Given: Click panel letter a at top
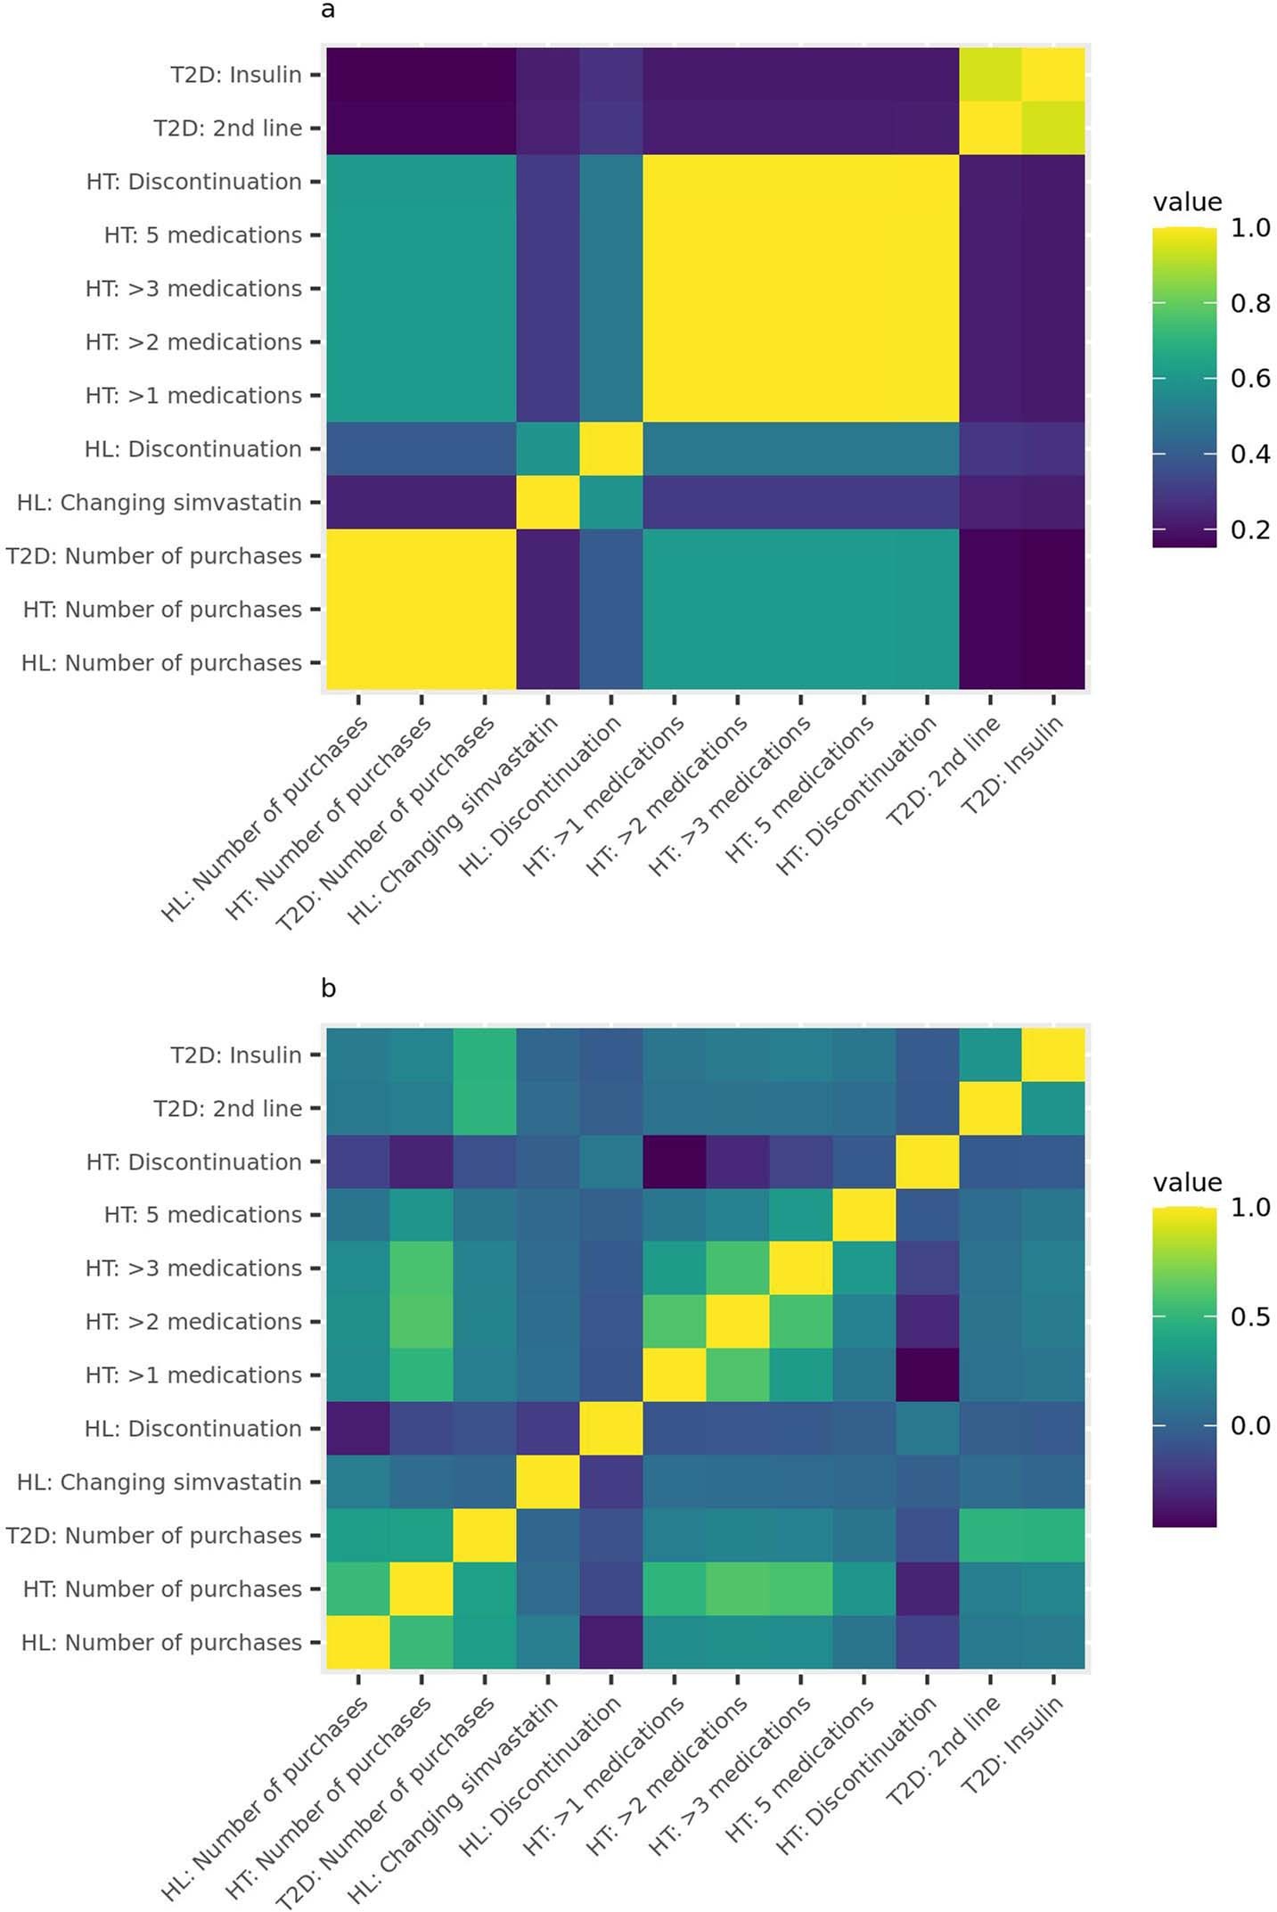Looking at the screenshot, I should (x=328, y=11).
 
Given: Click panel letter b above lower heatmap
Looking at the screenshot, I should (x=328, y=989).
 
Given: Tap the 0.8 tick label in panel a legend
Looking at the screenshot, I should (x=1249, y=304).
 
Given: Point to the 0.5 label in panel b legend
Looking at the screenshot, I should (x=1249, y=1317).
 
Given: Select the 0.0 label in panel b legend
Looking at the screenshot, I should (x=1249, y=1425).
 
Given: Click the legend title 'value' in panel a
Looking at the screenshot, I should (x=1187, y=202).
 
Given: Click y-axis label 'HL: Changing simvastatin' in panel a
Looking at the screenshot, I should (x=160, y=503).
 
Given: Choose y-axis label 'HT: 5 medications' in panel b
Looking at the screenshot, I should (x=203, y=1215).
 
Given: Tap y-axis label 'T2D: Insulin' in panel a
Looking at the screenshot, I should (x=236, y=75).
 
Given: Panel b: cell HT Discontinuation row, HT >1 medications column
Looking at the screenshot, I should (x=674, y=1161).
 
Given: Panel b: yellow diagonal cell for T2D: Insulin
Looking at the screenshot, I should (x=1053, y=1054).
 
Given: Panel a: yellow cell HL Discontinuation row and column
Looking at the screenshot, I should (x=610, y=449).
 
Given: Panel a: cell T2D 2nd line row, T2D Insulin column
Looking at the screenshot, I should (x=1053, y=128).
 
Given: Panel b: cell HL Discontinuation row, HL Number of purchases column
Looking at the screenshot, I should (x=357, y=1428).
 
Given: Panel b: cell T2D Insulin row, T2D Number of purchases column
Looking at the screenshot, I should (x=484, y=1054).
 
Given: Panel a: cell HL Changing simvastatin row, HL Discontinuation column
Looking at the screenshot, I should (x=610, y=503).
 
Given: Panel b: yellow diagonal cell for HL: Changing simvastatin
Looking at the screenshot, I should (x=547, y=1481).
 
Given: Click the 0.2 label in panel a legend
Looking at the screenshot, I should (x=1249, y=530).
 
